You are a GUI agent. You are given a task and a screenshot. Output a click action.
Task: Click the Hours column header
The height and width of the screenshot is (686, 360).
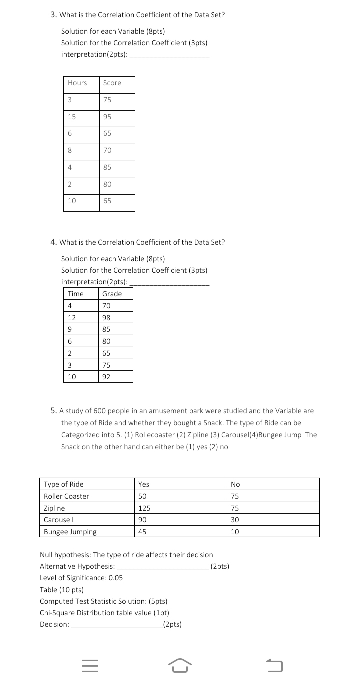(x=77, y=83)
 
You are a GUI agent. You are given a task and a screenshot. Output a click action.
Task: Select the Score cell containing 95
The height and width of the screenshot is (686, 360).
(x=107, y=117)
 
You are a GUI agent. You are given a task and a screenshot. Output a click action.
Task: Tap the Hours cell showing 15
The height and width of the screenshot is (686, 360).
(x=72, y=117)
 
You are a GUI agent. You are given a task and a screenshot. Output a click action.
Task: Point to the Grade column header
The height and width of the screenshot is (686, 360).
(x=112, y=294)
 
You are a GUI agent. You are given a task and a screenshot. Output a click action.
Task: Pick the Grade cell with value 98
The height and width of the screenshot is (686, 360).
(x=106, y=318)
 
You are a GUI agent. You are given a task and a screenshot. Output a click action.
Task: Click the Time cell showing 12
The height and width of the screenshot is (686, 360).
(x=72, y=318)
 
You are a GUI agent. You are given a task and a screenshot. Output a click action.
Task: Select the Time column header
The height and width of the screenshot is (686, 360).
(x=76, y=294)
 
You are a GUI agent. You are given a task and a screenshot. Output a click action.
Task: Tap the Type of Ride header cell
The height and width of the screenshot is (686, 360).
(x=64, y=484)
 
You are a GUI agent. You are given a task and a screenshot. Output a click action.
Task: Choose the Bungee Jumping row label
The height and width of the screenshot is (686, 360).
(x=70, y=532)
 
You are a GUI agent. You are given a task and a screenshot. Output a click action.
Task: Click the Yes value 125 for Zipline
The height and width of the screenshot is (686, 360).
(x=144, y=508)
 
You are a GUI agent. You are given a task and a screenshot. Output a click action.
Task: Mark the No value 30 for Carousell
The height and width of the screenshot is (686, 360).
(x=235, y=520)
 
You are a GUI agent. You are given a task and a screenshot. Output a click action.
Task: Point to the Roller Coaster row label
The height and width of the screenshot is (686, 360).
(x=66, y=496)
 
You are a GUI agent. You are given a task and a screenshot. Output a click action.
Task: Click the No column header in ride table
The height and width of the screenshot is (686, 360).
(x=235, y=484)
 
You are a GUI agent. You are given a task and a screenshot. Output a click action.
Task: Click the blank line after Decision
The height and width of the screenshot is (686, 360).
(x=117, y=625)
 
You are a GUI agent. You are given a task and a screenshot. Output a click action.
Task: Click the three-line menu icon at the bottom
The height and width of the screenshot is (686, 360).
(x=90, y=666)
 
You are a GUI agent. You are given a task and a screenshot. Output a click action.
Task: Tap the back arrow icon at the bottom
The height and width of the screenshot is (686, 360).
(x=274, y=666)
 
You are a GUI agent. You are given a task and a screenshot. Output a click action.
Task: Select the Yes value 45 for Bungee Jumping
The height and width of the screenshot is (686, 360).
(x=142, y=532)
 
